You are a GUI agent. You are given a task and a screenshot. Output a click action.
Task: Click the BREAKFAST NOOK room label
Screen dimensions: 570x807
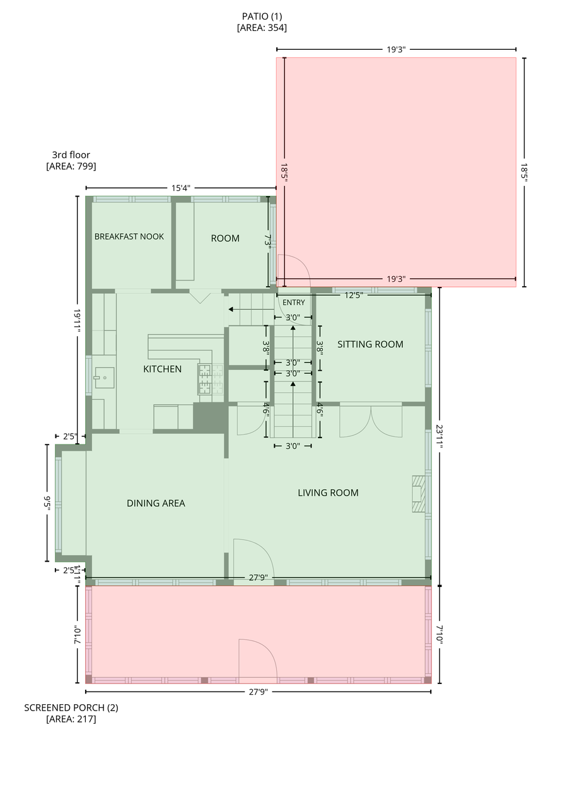(x=129, y=236)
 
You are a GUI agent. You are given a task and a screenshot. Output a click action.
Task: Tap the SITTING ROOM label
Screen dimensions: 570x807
(x=370, y=344)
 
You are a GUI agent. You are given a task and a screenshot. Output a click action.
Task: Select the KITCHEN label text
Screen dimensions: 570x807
(x=162, y=369)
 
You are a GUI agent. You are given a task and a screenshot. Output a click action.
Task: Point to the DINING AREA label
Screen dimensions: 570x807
(x=156, y=503)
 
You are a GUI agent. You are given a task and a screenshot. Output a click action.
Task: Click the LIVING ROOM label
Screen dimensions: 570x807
(x=328, y=492)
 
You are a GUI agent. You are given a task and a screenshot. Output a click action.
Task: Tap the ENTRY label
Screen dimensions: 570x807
(x=293, y=303)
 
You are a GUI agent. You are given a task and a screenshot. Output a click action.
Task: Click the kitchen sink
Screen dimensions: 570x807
(x=105, y=378)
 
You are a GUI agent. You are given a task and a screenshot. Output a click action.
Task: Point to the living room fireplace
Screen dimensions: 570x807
(x=419, y=494)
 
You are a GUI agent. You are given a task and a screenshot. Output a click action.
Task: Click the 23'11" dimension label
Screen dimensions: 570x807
(x=439, y=436)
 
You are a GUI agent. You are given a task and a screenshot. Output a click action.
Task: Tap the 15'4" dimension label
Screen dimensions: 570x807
(x=180, y=188)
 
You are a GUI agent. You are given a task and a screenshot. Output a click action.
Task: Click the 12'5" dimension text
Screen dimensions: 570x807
(x=354, y=296)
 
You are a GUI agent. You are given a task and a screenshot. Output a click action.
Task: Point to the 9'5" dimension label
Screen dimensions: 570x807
(x=47, y=503)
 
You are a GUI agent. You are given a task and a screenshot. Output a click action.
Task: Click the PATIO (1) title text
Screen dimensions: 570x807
(x=262, y=16)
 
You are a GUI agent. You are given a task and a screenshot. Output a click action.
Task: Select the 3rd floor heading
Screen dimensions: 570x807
(x=71, y=155)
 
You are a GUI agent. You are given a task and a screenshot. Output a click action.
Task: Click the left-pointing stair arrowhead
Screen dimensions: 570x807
(x=231, y=309)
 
